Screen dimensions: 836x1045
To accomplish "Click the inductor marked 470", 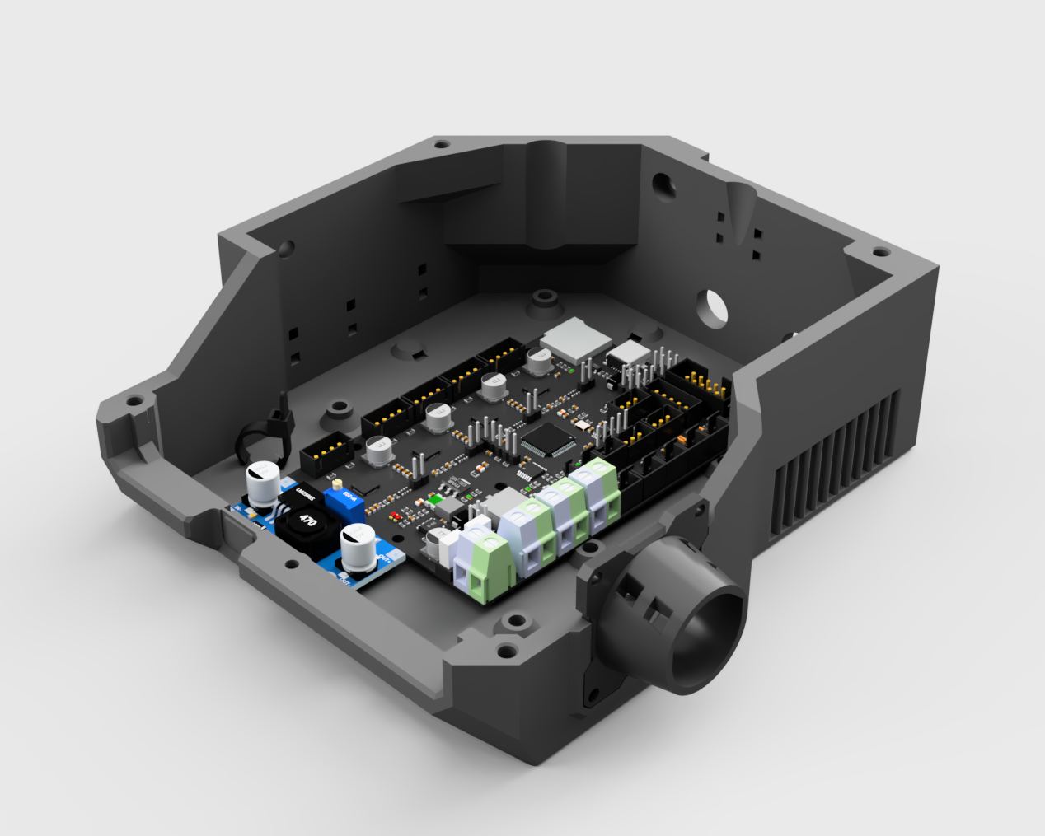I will [x=306, y=521].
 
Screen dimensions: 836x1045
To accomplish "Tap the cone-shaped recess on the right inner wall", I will [x=741, y=209].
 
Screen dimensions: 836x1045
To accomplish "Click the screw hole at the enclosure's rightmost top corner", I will [x=880, y=253].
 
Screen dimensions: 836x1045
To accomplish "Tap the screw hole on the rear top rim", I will [x=441, y=144].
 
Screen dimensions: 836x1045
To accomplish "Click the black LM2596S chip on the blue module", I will [x=306, y=493].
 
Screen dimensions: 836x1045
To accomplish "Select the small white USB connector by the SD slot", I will [x=628, y=354].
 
